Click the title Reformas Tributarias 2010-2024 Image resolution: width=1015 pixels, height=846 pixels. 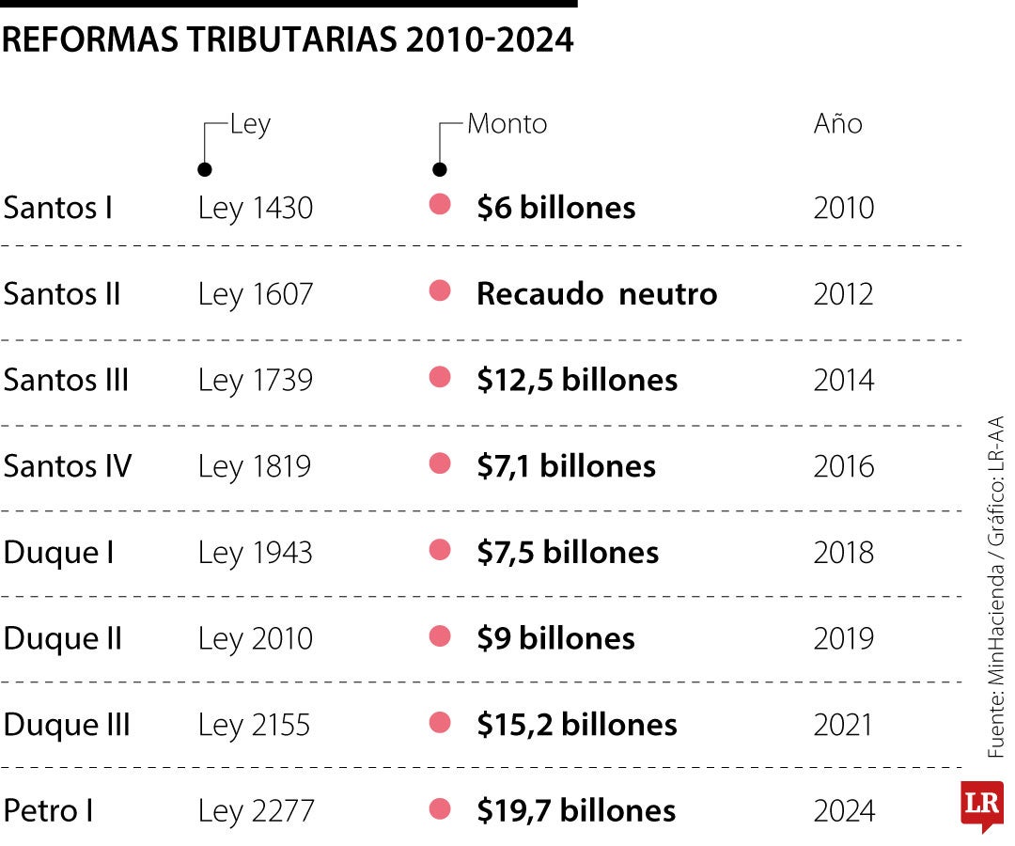click(x=288, y=40)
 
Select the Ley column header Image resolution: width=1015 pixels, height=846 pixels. click(x=250, y=124)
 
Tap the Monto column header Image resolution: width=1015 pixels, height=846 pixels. click(x=507, y=124)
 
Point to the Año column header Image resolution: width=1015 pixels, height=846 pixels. click(x=837, y=124)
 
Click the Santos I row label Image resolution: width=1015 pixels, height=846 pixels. click(x=58, y=208)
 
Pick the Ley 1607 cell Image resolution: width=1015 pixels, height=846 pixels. click(x=255, y=294)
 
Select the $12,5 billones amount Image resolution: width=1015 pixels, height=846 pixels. click(x=577, y=380)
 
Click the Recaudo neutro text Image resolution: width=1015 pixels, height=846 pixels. click(x=597, y=294)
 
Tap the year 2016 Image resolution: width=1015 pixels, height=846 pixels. click(x=843, y=466)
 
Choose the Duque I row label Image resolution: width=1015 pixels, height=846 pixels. click(x=59, y=553)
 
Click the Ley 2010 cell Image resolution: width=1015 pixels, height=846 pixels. click(x=255, y=639)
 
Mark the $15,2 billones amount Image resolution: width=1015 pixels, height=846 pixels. click(x=577, y=725)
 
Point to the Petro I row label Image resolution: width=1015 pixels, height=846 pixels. click(x=49, y=810)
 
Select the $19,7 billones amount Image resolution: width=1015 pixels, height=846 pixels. click(x=576, y=810)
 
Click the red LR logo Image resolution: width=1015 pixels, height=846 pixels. click(x=981, y=806)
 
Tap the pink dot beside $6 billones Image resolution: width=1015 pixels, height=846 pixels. click(x=440, y=205)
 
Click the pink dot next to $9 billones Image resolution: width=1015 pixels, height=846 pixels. click(x=440, y=636)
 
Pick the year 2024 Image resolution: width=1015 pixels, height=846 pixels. click(x=843, y=810)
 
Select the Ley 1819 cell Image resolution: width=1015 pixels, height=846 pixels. click(x=254, y=466)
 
